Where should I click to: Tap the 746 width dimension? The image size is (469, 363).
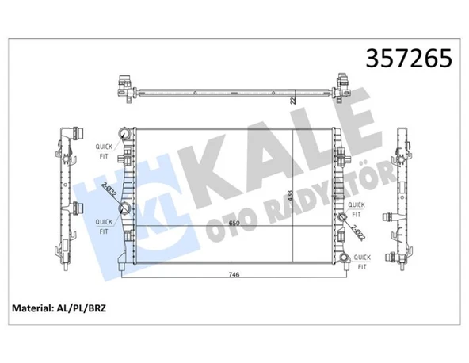234,274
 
